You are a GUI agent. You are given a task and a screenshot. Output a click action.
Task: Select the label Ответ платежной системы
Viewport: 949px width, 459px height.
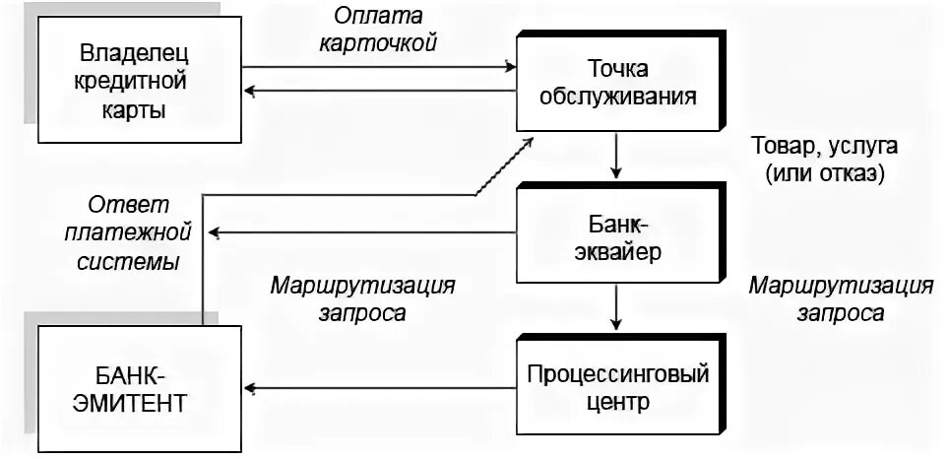point(130,234)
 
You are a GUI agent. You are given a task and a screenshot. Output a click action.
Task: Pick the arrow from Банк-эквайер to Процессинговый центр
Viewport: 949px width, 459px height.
point(615,307)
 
